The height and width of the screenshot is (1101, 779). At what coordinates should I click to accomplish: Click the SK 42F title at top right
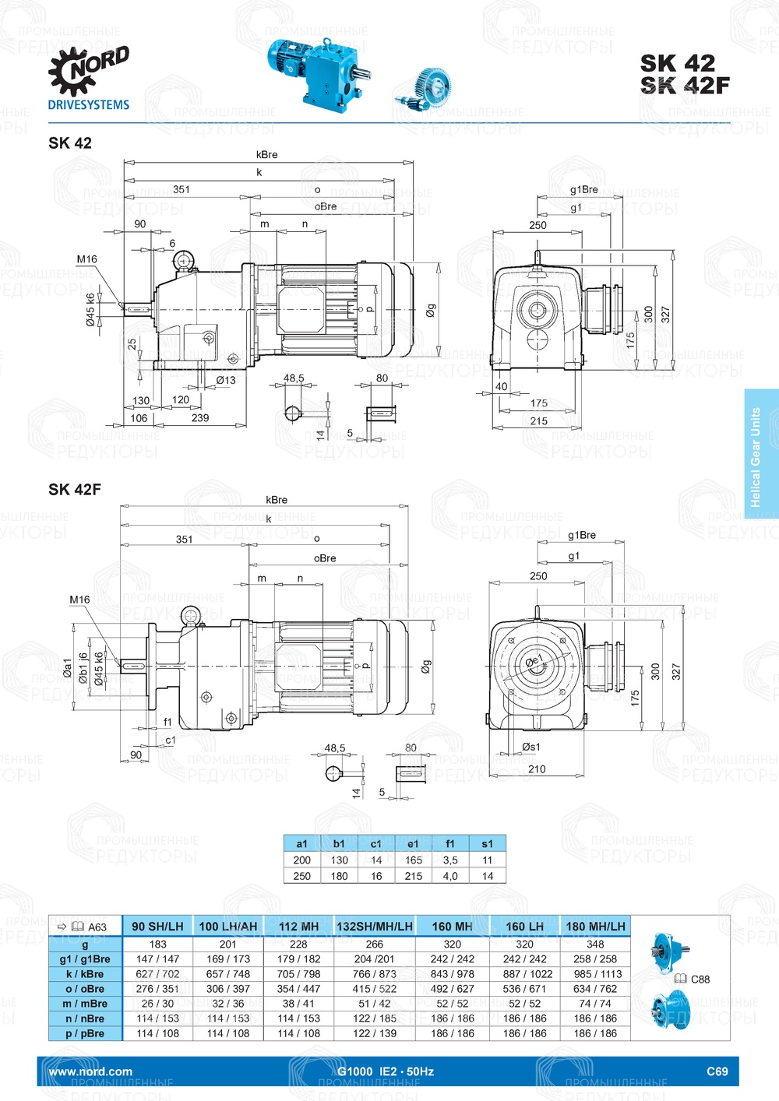point(685,85)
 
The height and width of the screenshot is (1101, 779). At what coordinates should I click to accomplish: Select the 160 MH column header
point(452,926)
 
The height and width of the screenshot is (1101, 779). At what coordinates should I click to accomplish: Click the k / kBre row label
point(85,974)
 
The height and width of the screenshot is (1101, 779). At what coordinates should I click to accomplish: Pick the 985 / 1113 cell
point(595,974)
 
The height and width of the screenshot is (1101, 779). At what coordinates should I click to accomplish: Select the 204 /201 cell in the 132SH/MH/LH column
point(374,959)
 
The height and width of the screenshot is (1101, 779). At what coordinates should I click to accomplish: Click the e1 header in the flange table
point(413,843)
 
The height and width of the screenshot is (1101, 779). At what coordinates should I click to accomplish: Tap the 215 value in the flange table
point(413,876)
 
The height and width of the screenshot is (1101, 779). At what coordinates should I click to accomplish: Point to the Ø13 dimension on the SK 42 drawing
point(226,380)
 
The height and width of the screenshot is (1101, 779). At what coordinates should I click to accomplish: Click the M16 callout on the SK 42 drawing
point(86,259)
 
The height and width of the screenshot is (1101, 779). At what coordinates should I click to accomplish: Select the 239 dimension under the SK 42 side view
point(200,418)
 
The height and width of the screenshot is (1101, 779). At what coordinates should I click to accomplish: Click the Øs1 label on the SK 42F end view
point(530,747)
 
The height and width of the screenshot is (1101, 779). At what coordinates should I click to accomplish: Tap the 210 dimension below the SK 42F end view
point(537,769)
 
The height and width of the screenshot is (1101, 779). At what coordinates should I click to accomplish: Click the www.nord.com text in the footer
point(90,1071)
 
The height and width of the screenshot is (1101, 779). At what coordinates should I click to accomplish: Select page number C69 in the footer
point(717,1071)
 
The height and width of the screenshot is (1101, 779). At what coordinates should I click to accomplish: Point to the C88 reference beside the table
point(699,980)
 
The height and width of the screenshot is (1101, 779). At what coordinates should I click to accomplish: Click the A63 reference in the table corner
point(97,927)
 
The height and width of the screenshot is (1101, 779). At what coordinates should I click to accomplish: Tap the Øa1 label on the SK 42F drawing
point(68,667)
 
